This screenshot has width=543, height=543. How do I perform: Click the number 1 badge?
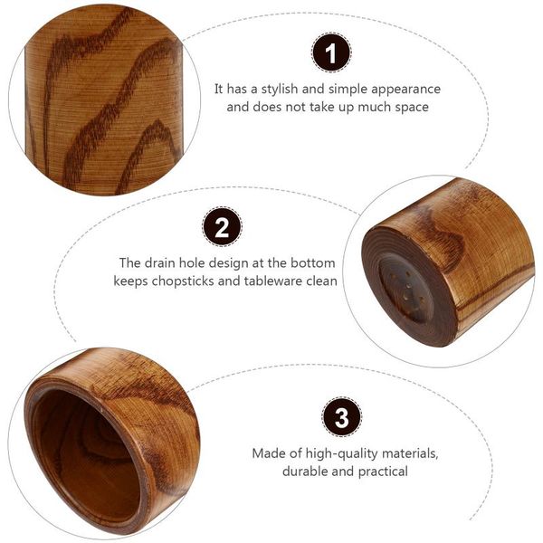pos(331,53)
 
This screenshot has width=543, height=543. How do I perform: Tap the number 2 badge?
pos(222,226)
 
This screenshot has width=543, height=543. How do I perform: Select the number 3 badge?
pos(341,418)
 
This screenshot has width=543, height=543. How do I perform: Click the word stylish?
pos(282,90)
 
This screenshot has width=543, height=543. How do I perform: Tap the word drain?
pos(160,263)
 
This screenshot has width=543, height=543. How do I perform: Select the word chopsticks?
pos(189,281)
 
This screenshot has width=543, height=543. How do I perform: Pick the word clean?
pos(320,281)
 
